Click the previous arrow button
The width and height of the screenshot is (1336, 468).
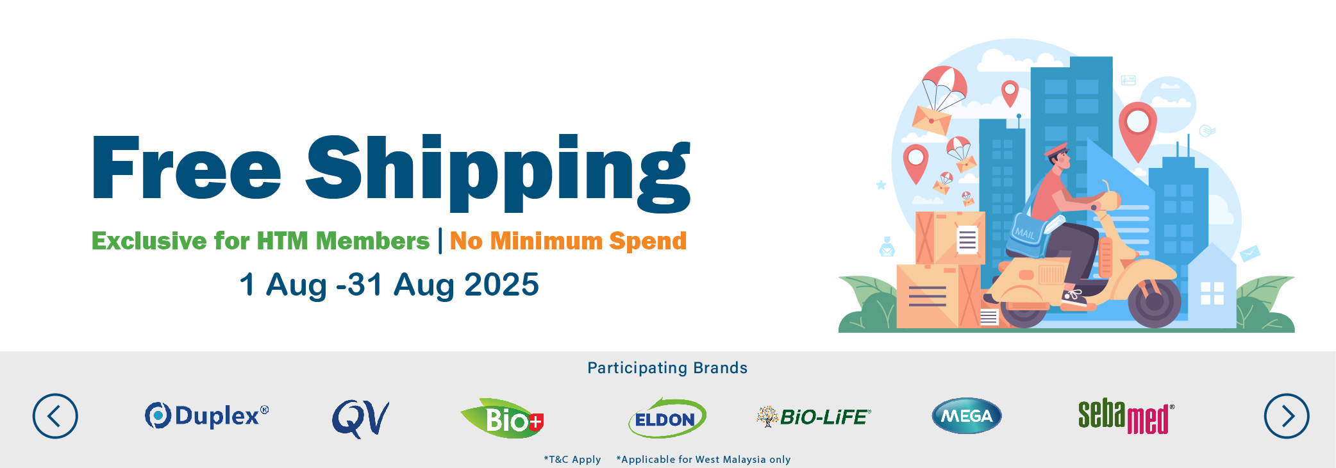(x=55, y=416)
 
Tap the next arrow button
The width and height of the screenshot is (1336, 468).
(x=1287, y=416)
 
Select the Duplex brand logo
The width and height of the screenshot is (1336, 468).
(x=206, y=415)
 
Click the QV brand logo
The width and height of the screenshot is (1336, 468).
(x=360, y=419)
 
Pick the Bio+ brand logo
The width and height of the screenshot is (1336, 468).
(x=503, y=419)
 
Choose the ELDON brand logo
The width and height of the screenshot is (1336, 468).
(x=667, y=418)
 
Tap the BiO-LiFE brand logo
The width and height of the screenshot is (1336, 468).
(x=814, y=417)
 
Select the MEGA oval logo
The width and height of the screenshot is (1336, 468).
(x=967, y=416)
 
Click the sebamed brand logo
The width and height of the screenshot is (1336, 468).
(x=1126, y=416)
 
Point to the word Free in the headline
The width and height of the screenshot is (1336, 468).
(x=187, y=167)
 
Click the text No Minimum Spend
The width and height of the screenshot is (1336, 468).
(x=568, y=241)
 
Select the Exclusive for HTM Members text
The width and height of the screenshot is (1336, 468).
(x=260, y=241)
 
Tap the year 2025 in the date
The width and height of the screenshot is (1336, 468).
(x=501, y=285)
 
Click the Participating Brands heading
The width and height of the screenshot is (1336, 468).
(x=667, y=368)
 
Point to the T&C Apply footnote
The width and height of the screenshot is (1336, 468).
(x=572, y=459)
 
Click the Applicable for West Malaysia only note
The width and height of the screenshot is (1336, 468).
(x=703, y=459)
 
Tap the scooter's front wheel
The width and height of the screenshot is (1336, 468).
(x=1154, y=303)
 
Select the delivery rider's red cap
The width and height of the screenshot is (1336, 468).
(x=1056, y=150)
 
